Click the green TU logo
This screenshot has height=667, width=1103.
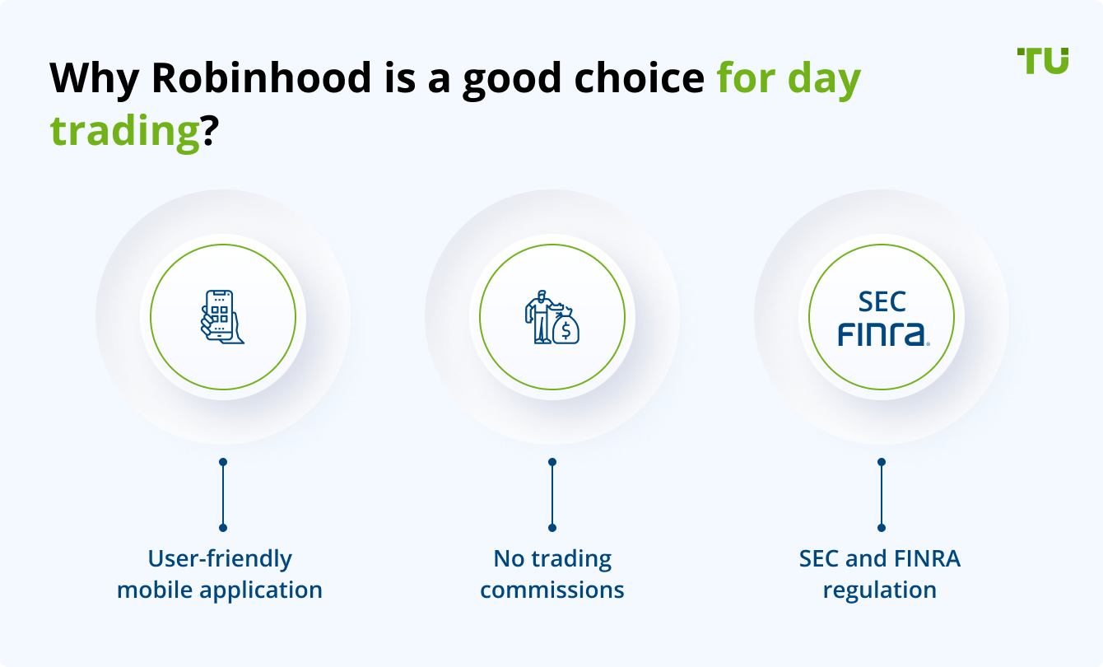[x=1043, y=60]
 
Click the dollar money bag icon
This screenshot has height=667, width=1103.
[x=566, y=328]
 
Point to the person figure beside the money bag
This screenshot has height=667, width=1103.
[x=540, y=317]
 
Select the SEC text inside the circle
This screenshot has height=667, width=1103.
[x=882, y=302]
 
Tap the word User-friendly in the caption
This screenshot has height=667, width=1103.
[x=220, y=558]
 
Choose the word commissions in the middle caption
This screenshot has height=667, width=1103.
[x=552, y=590]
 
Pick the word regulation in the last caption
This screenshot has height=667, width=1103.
[x=880, y=590]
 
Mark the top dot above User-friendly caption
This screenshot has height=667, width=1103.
[x=222, y=462]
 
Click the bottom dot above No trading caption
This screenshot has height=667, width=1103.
[x=552, y=527]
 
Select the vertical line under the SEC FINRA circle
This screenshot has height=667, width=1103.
[x=882, y=494]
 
